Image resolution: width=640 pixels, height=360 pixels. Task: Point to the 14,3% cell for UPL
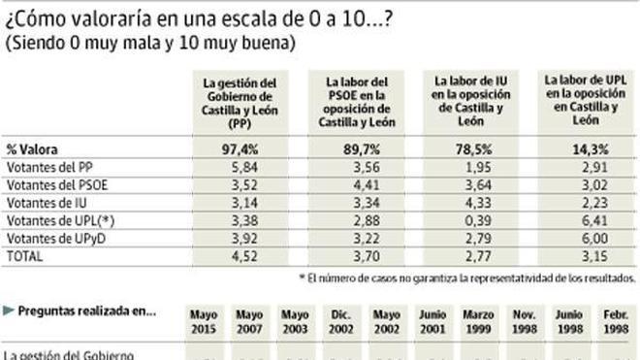tap(584, 149)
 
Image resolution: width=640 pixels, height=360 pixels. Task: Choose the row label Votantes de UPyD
tap(49, 240)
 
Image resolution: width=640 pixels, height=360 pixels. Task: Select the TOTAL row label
tap(23, 257)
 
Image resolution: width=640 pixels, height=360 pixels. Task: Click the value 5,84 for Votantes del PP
tap(240, 168)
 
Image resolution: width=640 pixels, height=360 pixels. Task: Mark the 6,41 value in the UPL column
tap(584, 221)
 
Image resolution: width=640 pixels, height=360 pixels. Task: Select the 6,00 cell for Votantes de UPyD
tap(584, 240)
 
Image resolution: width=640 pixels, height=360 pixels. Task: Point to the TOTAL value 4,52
tap(240, 257)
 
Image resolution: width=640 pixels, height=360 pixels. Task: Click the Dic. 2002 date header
tap(340, 319)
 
